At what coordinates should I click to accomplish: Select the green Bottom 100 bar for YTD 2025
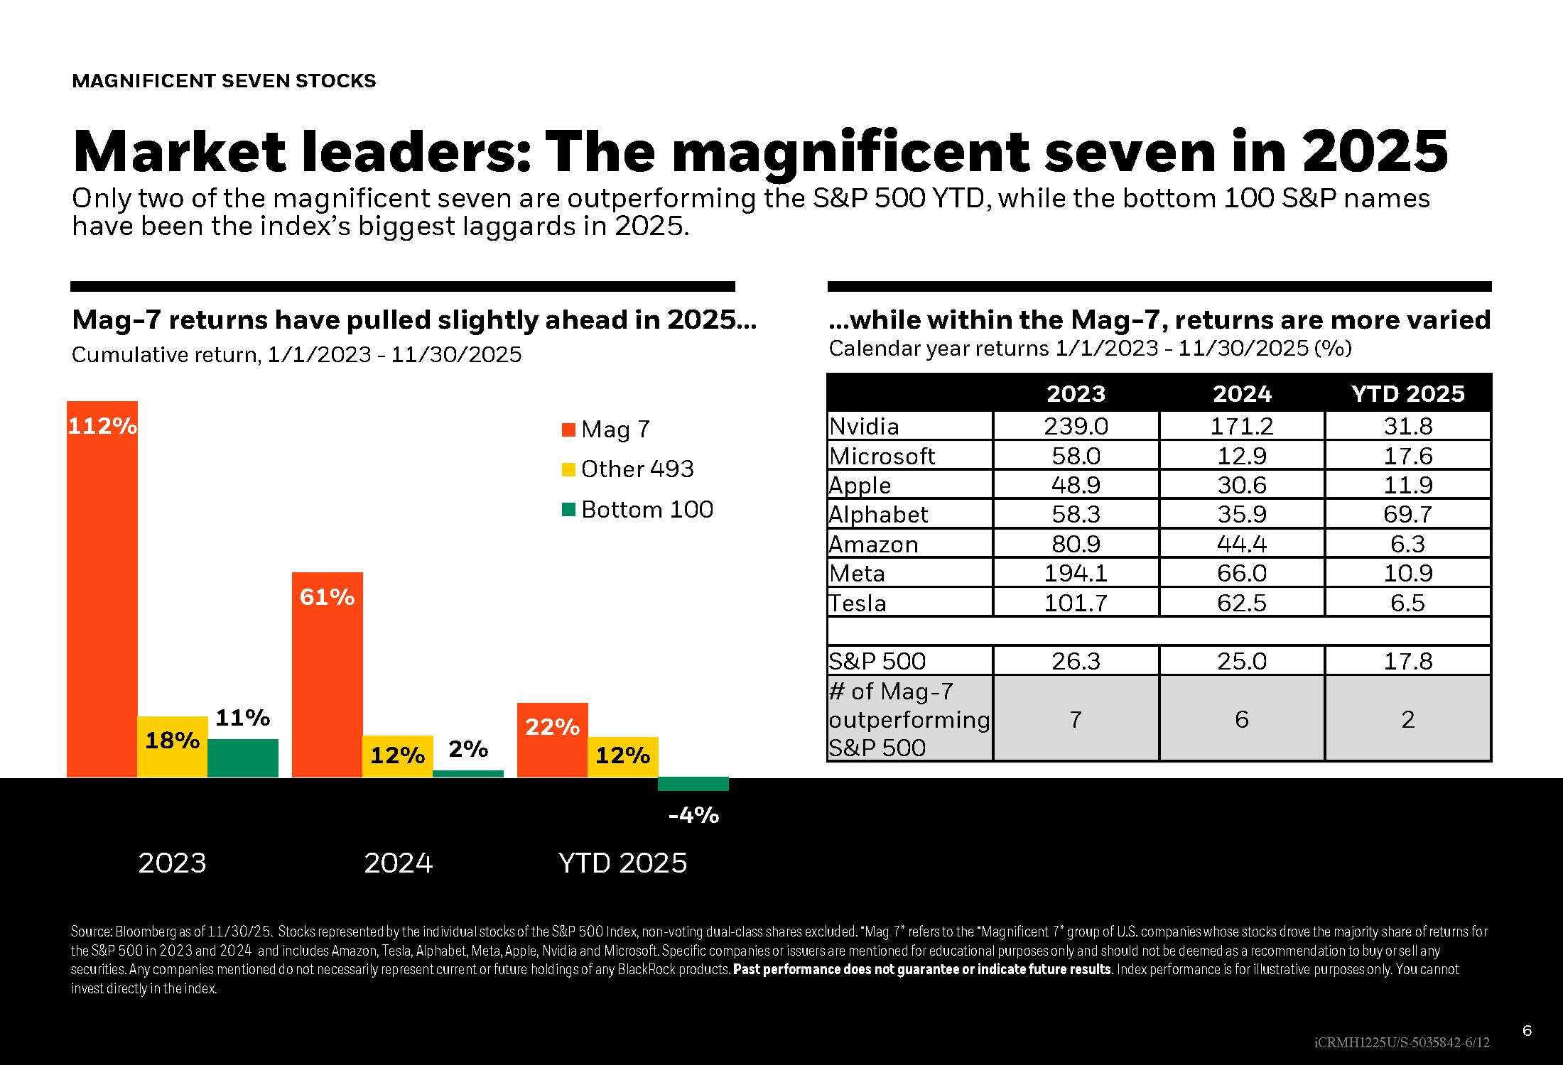693,784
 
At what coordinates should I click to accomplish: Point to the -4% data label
693,814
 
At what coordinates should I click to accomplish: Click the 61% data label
327,597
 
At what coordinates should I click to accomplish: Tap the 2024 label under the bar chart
398,863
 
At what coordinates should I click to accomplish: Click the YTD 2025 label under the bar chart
622,863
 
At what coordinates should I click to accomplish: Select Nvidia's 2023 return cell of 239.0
1076,426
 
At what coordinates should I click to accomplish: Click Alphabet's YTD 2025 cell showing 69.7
1407,514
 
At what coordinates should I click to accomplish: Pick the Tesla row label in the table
858,603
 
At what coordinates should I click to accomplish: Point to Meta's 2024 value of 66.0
1241,573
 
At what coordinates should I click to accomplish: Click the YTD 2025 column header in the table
1407,393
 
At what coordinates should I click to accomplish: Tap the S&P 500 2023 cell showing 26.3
1076,661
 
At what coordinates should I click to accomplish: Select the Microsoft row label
882,456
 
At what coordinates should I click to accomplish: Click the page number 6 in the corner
1527,1030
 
